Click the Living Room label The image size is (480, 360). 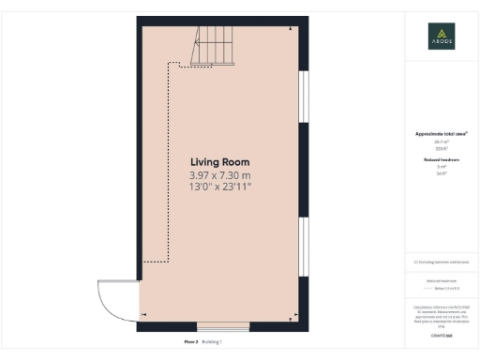point(220,161)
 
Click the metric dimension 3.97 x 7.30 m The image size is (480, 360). point(220,174)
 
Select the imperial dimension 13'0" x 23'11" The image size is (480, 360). point(220,187)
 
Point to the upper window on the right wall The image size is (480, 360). point(303,97)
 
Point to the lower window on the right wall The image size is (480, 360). point(303,247)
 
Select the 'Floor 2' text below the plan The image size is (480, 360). point(190,342)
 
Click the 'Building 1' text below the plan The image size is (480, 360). point(212,342)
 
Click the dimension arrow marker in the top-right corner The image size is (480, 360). point(292,28)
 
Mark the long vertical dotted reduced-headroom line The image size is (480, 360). point(167,159)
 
